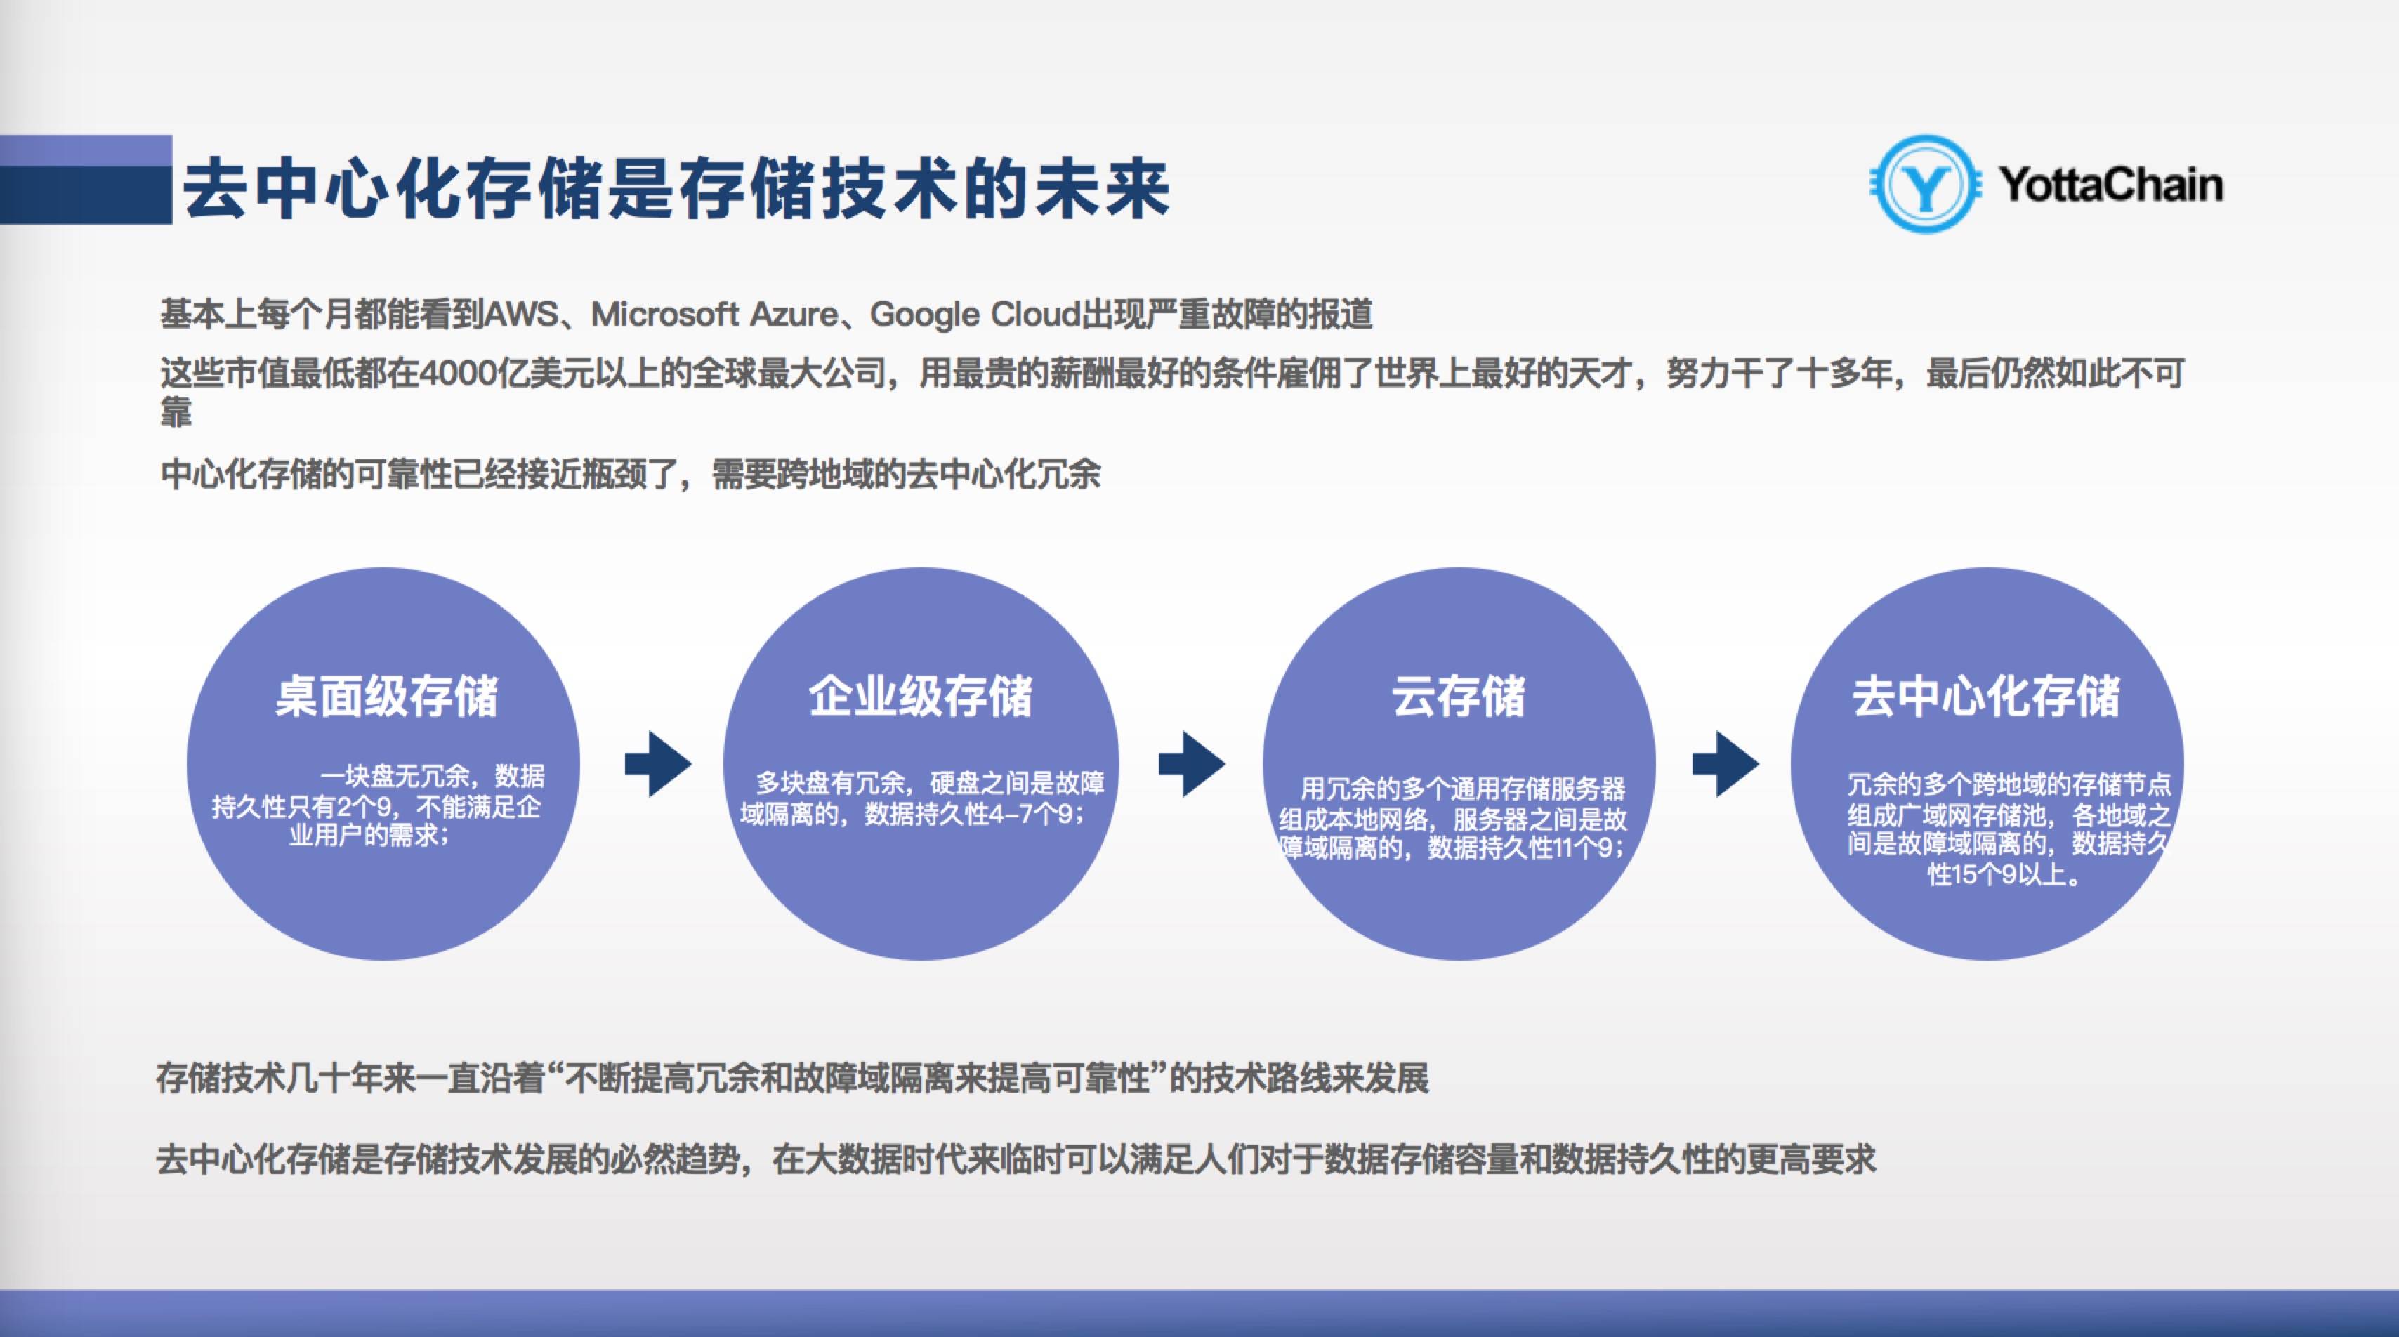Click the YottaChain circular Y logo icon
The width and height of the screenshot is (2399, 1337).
[1925, 185]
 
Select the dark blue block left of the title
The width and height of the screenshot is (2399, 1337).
[86, 180]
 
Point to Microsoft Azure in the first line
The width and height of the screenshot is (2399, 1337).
[714, 315]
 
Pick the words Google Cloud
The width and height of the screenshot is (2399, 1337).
[974, 315]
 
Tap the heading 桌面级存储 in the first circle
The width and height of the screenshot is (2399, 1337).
[386, 695]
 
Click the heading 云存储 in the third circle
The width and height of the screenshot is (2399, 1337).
[1459, 695]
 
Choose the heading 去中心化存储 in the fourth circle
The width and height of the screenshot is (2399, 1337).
[1987, 695]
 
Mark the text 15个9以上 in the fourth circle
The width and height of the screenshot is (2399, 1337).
[2003, 874]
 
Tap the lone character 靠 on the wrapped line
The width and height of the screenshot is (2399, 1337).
[176, 411]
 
